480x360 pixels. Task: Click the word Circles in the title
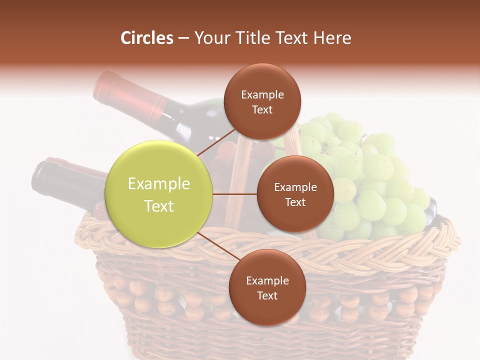click(x=147, y=38)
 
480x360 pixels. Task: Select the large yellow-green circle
click(x=159, y=194)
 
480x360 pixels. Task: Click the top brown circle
click(x=262, y=101)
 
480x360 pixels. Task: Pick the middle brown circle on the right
click(x=295, y=194)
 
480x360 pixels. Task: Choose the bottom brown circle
click(x=267, y=287)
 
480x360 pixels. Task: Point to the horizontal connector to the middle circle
click(x=235, y=194)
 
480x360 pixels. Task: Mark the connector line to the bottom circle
click(x=217, y=246)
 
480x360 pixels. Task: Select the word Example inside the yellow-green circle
click(x=159, y=184)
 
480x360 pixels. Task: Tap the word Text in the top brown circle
click(x=262, y=109)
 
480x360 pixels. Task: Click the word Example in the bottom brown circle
click(x=267, y=280)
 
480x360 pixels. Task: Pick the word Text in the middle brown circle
click(x=295, y=202)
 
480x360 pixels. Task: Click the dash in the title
click(x=183, y=38)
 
